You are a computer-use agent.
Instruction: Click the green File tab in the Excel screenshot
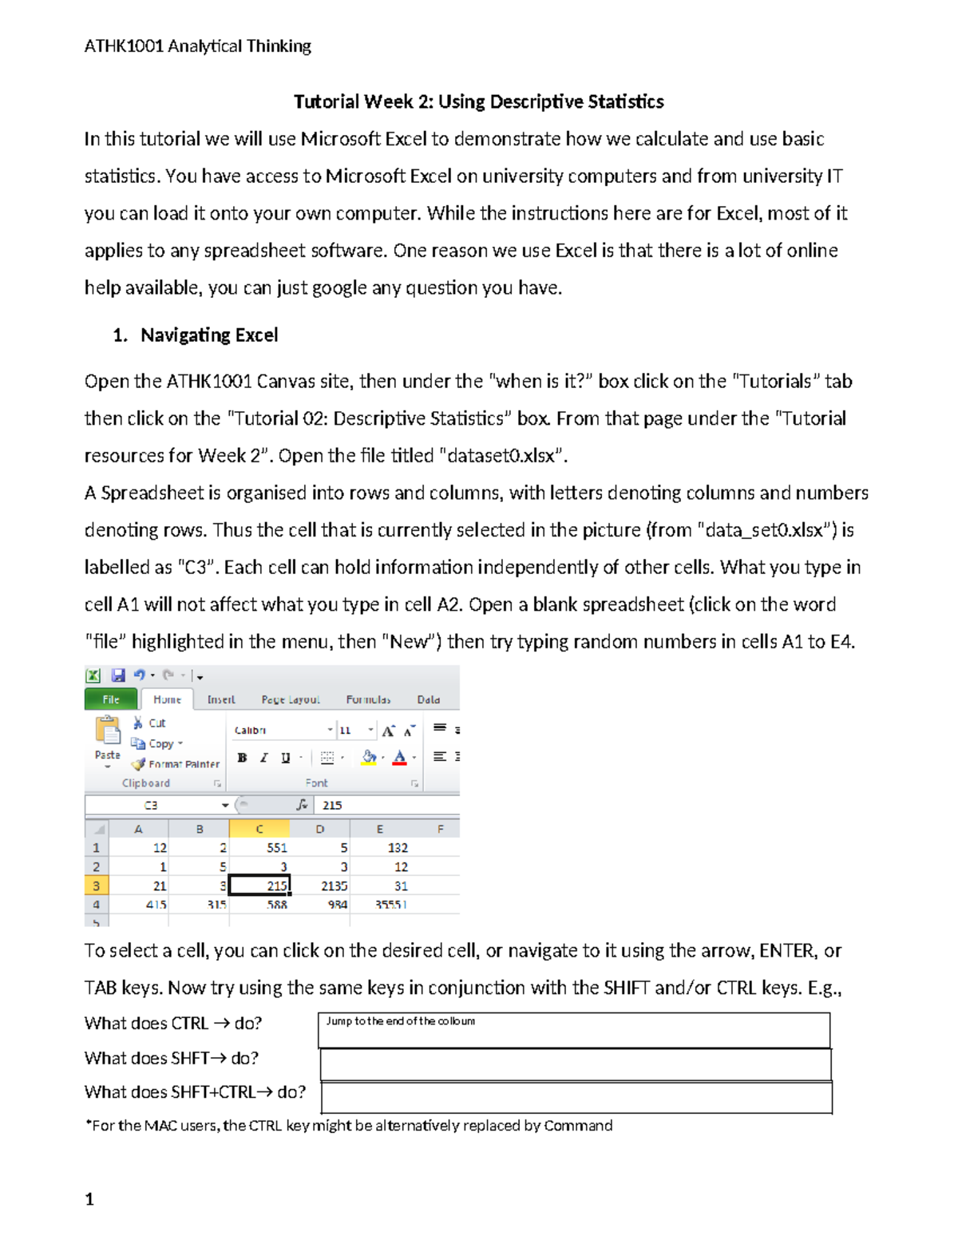[111, 699]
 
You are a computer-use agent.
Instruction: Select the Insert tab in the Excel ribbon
[221, 699]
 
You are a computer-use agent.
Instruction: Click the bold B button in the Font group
[242, 758]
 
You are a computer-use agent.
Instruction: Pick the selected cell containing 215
[259, 885]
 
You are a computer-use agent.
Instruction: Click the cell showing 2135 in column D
[321, 885]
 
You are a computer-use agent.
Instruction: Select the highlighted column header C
[259, 829]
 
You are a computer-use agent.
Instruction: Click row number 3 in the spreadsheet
[96, 885]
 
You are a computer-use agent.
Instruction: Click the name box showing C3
[152, 805]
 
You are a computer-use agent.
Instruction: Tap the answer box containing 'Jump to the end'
[573, 1030]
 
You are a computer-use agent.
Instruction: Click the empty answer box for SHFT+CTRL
[576, 1097]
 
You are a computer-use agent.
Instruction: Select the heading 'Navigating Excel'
[209, 335]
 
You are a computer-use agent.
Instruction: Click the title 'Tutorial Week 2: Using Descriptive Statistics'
[478, 101]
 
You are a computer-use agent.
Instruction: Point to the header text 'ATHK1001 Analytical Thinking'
[198, 46]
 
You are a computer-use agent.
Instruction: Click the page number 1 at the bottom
[89, 1199]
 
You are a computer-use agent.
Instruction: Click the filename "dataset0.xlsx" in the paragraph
[501, 456]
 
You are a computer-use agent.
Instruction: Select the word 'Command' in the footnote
[578, 1126]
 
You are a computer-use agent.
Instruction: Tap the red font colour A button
[400, 758]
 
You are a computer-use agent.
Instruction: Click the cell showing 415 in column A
[156, 905]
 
